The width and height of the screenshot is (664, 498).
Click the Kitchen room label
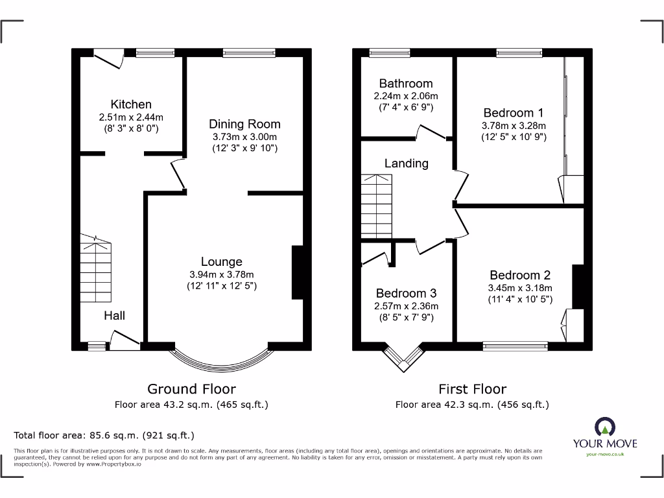click(131, 104)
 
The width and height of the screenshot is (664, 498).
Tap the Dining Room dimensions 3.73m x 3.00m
click(244, 137)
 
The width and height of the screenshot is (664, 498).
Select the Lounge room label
click(221, 261)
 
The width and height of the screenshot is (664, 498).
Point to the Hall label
click(115, 316)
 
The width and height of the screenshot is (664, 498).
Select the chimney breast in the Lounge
click(298, 272)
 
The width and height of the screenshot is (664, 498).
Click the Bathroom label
click(406, 84)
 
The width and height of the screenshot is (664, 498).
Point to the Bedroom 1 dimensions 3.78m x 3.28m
click(514, 126)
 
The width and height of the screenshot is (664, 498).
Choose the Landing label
click(406, 163)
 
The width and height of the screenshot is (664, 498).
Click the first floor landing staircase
click(377, 206)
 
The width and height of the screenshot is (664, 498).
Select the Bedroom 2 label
click(519, 275)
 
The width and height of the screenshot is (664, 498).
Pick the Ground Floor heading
click(191, 389)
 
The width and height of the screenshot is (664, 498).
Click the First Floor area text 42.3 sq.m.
click(472, 405)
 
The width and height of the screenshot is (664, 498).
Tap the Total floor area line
click(104, 435)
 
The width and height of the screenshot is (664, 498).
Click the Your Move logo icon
click(604, 427)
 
